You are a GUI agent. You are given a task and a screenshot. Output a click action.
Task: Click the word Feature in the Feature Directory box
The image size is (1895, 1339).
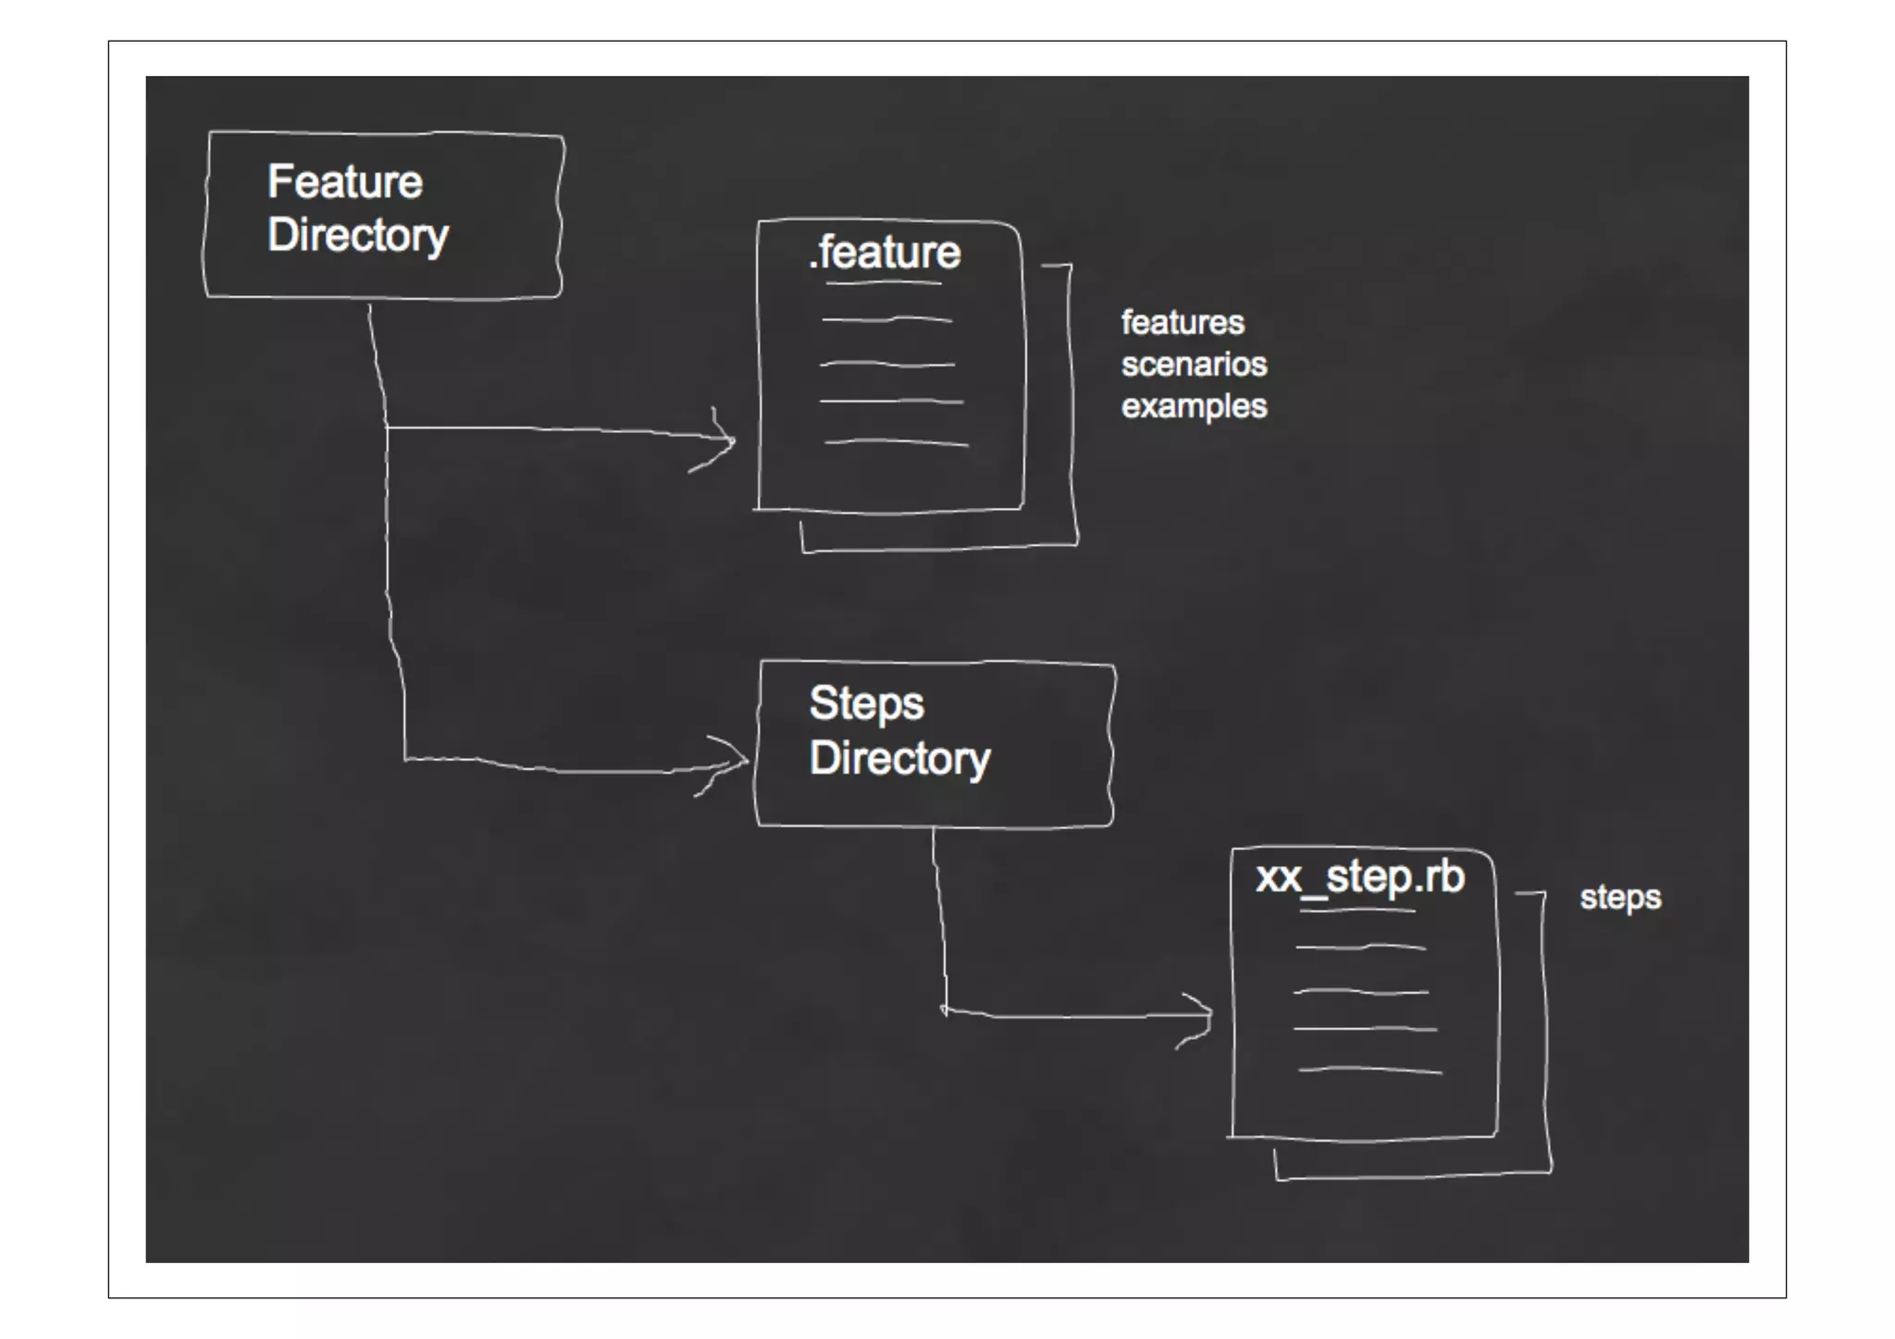coord(345,181)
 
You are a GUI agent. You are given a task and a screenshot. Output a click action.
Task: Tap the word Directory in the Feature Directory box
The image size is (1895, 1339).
coord(358,235)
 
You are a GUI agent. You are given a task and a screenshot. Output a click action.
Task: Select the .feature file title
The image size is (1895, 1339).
coord(886,253)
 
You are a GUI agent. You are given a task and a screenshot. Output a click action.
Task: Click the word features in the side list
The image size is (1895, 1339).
coord(1183,323)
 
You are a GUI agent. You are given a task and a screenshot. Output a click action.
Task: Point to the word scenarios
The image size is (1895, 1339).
coord(1194,365)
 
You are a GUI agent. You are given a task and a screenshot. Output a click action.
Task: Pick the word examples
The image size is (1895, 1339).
coord(1194,406)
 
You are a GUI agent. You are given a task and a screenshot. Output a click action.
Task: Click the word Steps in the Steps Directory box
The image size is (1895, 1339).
coord(866,704)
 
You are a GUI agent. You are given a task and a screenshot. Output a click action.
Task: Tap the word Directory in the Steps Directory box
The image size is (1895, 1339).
coord(899,759)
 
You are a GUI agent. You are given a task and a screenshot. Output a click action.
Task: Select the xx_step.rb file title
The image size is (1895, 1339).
coord(1359,877)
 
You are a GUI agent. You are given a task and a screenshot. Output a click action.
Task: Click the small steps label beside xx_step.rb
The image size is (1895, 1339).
coord(1620,898)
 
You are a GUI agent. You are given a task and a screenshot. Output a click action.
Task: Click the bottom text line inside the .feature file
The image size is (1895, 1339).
coord(896,443)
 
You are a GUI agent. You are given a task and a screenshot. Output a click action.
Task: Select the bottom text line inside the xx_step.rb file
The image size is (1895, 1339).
coord(1369,1071)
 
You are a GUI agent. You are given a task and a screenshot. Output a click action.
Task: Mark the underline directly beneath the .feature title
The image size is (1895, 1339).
coord(884,282)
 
